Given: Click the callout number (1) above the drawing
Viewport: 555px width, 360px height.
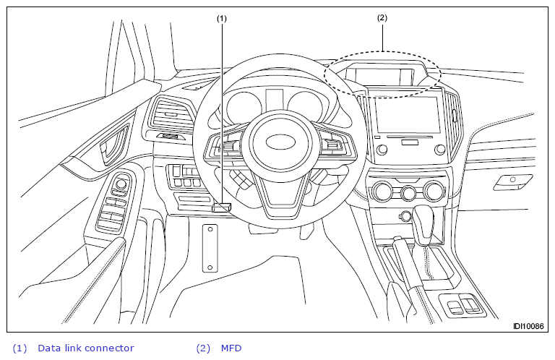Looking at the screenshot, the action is [x=222, y=18].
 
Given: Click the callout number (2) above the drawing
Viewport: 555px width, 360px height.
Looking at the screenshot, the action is [x=382, y=17].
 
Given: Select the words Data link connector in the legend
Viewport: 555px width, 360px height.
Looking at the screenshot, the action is [x=86, y=348].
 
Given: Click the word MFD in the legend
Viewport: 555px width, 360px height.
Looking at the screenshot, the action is [x=231, y=348].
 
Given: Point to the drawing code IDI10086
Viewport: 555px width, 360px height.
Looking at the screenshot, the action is [x=528, y=326].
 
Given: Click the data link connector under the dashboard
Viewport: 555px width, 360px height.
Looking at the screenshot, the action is [x=222, y=207].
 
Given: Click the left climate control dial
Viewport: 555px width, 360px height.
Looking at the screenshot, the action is [x=382, y=191].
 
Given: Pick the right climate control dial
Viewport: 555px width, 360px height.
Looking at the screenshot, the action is [x=434, y=191].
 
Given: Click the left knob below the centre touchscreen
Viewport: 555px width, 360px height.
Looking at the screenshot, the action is [x=382, y=150].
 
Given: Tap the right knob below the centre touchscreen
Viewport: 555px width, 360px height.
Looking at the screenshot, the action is [x=440, y=149].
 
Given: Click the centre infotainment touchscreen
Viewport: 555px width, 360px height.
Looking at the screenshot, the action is [x=408, y=114].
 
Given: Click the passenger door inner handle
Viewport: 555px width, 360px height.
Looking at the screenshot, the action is [x=512, y=182].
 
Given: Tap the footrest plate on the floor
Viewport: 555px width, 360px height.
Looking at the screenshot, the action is [x=210, y=248].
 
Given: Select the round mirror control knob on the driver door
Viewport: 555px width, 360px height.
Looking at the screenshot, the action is [x=121, y=184].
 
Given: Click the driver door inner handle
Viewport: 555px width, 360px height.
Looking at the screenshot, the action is [x=113, y=145].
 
